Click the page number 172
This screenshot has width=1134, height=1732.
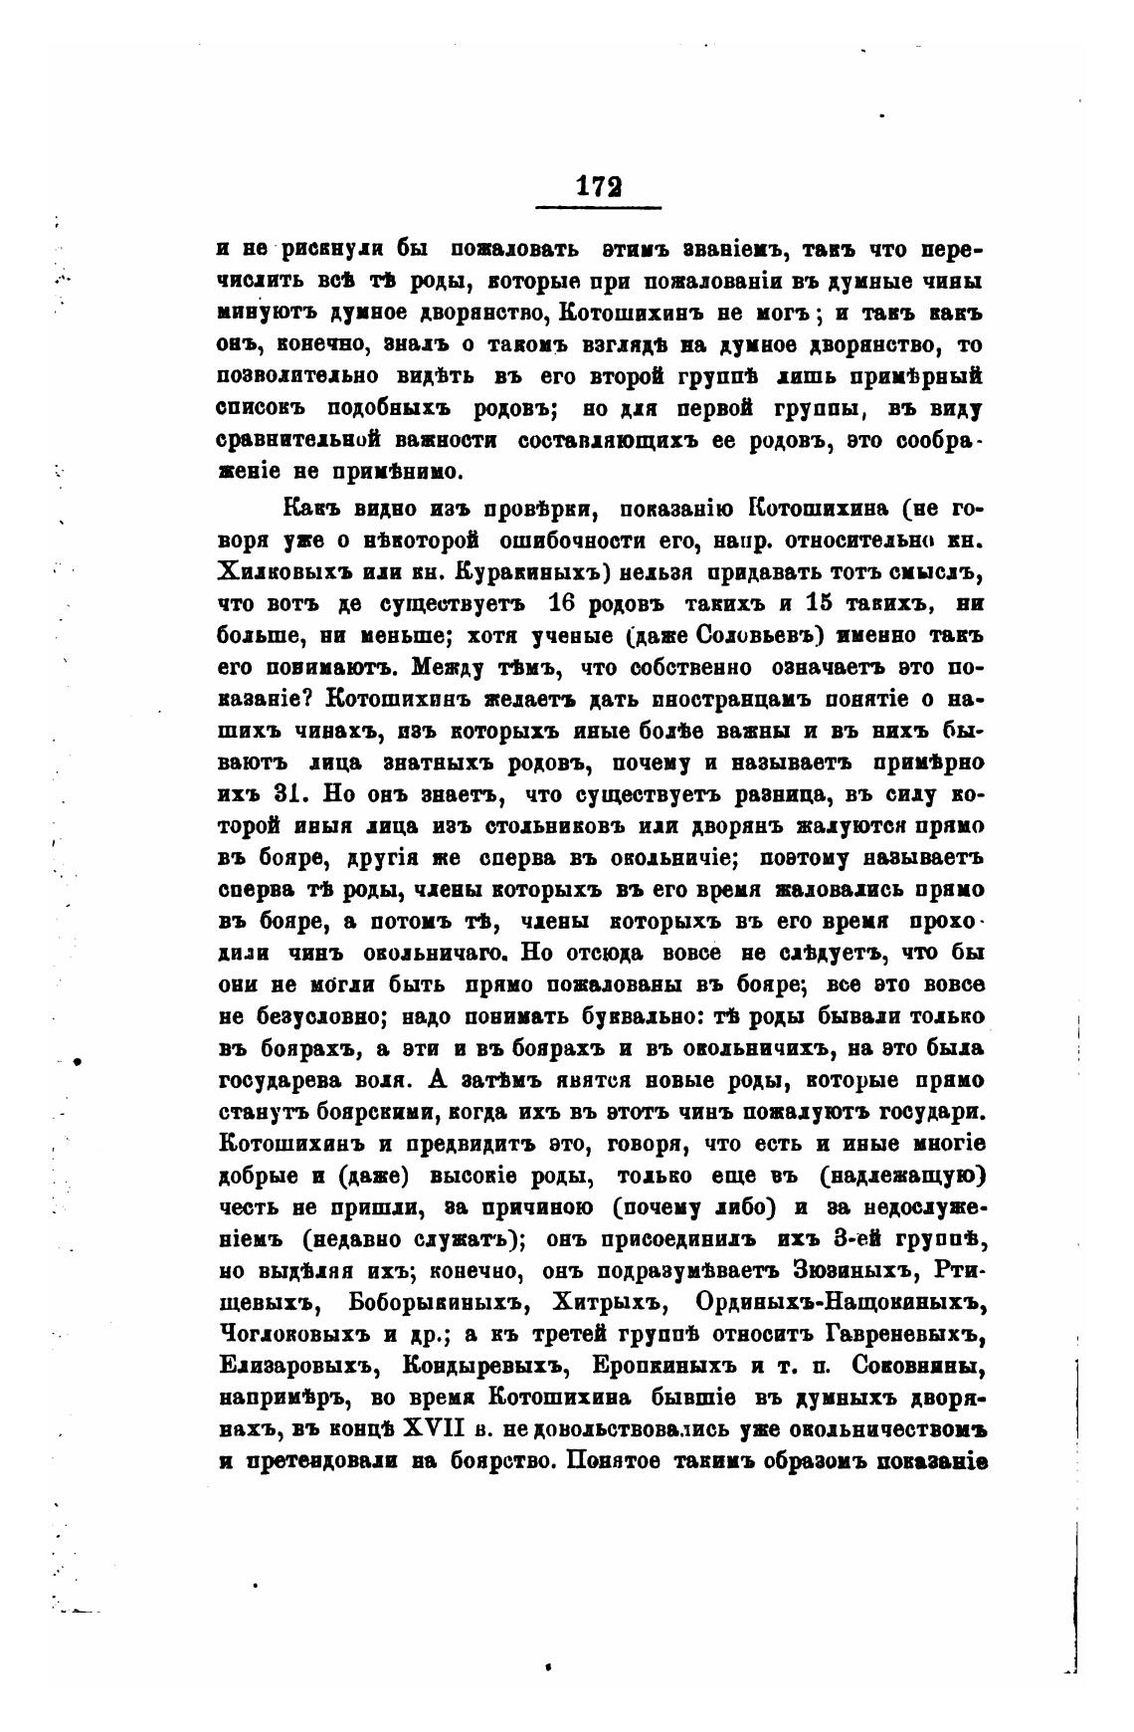point(598,186)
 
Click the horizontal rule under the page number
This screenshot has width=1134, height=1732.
point(598,207)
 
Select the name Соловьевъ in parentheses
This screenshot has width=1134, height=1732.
point(740,634)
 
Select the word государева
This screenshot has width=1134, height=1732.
point(294,1080)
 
